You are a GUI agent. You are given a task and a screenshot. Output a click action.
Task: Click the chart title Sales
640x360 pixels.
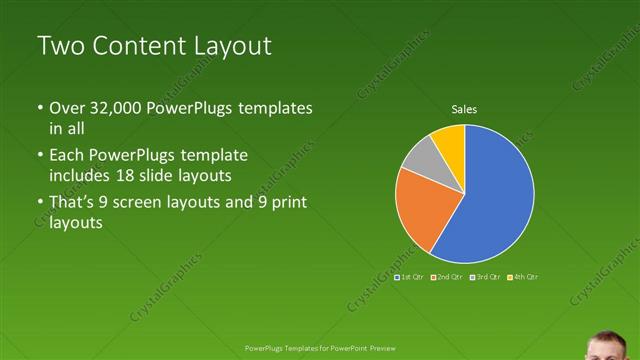[464, 108]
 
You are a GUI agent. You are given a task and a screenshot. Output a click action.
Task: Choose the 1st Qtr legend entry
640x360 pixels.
[411, 276]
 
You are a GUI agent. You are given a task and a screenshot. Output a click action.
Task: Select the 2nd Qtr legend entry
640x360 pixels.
[447, 276]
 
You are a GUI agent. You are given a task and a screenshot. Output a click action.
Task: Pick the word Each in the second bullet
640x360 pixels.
[68, 155]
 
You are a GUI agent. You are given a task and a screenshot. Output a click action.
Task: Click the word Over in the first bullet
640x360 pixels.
[68, 108]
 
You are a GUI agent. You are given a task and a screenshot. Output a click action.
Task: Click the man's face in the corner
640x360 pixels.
[610, 346]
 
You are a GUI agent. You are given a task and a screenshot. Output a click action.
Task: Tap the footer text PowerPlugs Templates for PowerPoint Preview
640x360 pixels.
[320, 348]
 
